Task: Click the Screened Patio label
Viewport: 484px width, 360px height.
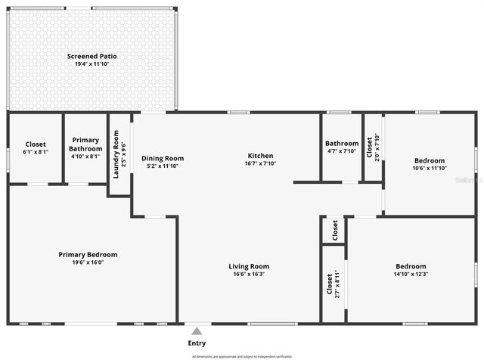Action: [x=92, y=56]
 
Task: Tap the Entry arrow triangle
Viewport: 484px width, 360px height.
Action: [x=197, y=331]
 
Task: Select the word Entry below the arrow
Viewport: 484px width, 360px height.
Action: [x=197, y=343]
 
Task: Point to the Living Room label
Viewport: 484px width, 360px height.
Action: [x=249, y=266]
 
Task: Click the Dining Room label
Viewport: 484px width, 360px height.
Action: [x=163, y=158]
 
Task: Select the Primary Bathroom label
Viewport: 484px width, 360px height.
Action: [x=85, y=144]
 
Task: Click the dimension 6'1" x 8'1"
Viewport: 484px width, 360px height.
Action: [x=36, y=151]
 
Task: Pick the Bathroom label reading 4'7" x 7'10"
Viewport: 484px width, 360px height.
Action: [x=342, y=151]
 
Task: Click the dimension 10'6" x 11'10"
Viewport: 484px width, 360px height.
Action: [x=430, y=168]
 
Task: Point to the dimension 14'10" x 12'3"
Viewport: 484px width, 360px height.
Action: [x=411, y=274]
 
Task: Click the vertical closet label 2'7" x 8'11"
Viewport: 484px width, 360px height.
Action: [x=338, y=284]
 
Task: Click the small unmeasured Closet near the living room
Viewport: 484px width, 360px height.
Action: [x=334, y=230]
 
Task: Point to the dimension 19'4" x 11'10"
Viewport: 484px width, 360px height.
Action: [x=92, y=64]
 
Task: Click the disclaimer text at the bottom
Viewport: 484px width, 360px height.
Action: [x=241, y=355]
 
